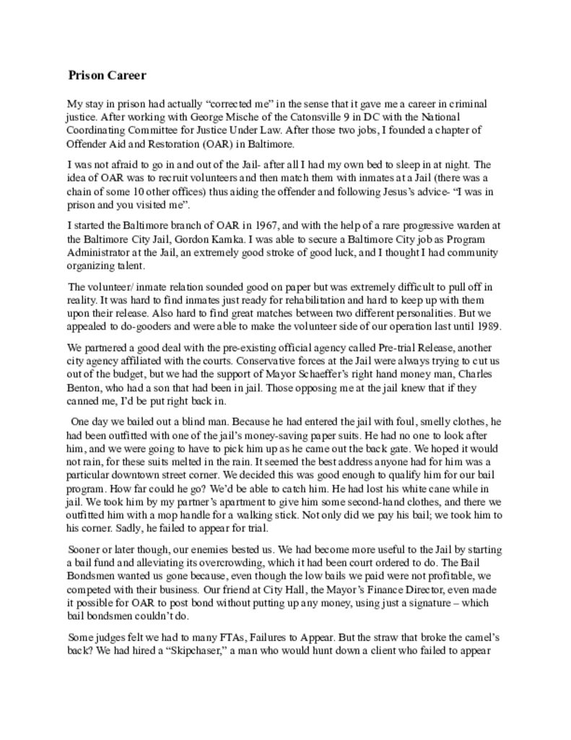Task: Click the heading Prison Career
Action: click(107, 75)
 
